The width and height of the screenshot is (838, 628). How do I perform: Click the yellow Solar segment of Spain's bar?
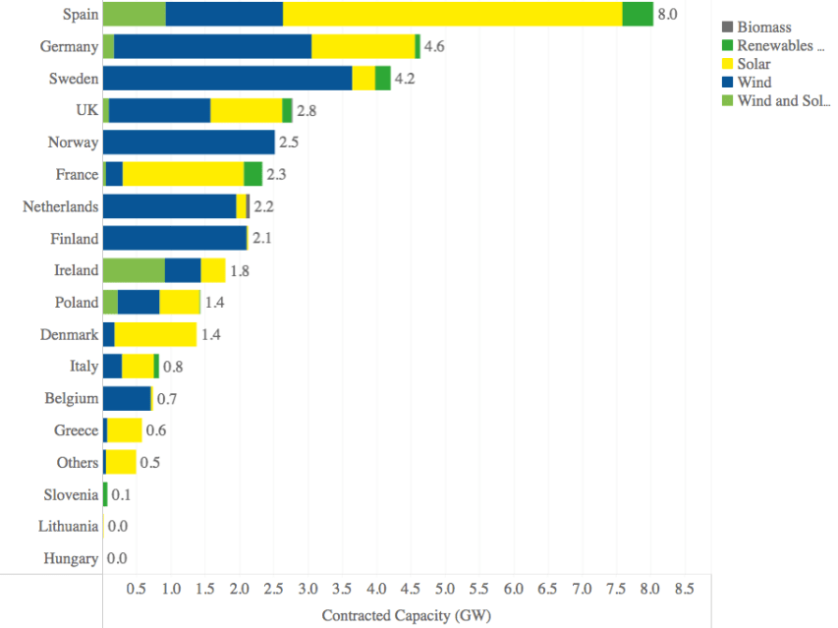(452, 15)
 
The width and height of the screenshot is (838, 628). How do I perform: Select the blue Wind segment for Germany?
(212, 46)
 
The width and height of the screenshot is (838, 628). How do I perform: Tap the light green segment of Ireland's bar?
(134, 270)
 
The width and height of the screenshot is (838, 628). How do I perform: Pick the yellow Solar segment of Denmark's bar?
(155, 334)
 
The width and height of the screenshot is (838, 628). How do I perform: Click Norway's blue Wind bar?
(189, 143)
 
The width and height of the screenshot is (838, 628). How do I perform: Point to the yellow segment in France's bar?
(183, 174)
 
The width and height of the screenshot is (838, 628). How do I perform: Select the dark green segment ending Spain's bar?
(638, 15)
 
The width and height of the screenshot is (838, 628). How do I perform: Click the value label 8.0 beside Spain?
(668, 15)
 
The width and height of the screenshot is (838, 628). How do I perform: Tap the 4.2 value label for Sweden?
(405, 79)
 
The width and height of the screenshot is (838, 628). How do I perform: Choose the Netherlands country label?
(61, 206)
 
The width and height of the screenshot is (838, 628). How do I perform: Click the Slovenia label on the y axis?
(71, 494)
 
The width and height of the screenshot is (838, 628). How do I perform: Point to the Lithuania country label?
(69, 527)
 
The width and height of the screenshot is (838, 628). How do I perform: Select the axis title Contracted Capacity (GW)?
(406, 615)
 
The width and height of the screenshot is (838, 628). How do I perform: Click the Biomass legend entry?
(764, 28)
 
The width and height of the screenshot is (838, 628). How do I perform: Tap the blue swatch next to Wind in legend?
(728, 83)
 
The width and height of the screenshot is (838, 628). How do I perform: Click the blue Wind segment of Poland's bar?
(139, 302)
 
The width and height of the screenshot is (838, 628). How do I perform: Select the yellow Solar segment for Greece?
(125, 430)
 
